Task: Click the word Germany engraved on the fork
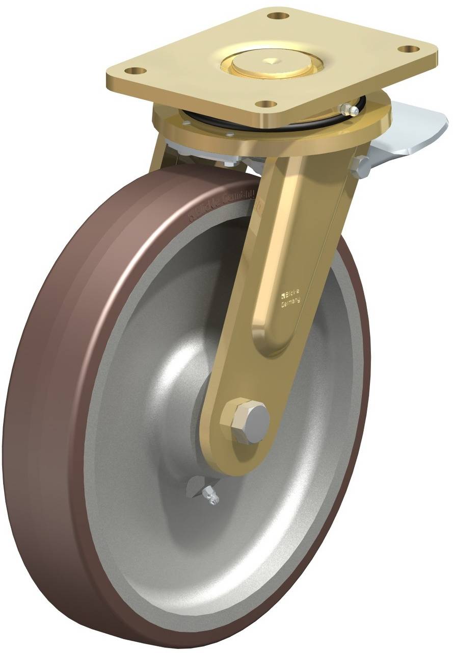coord(291,303)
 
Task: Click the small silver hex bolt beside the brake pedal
coord(360,166)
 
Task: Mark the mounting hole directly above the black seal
coord(264,104)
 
